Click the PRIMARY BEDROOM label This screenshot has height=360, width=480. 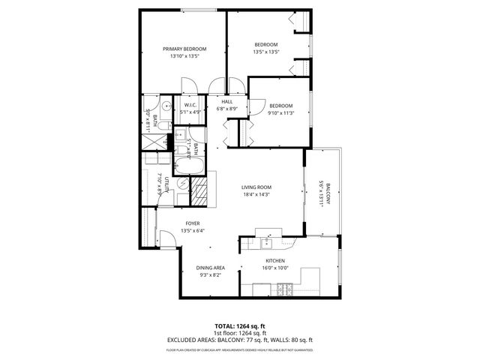coord(184,49)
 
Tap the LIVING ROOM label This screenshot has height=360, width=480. coord(256,187)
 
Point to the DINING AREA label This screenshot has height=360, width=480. coord(211,268)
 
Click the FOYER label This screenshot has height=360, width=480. coord(193,223)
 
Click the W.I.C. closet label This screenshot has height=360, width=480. coord(189,106)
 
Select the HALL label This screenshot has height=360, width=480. coord(226,101)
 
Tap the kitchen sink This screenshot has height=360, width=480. coord(265,242)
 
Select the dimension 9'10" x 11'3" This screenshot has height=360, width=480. coord(281,113)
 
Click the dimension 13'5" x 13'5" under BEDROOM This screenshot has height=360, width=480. coord(265,52)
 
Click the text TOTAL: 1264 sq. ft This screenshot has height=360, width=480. coord(240,326)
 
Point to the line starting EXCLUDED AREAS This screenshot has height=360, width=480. coord(240,340)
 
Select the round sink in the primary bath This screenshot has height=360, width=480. coord(148,106)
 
